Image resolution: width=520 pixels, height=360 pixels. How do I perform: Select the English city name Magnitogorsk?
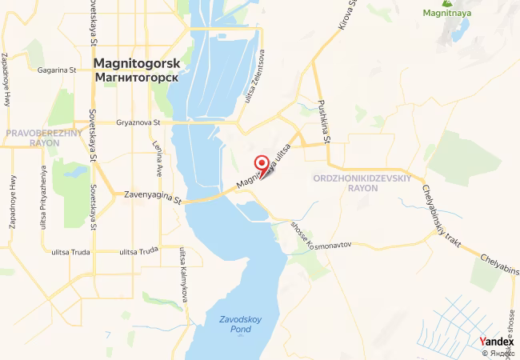click(x=136, y=63)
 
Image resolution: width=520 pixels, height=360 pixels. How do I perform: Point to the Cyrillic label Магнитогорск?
click(x=136, y=78)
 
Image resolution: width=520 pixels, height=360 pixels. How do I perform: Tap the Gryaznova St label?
click(x=138, y=123)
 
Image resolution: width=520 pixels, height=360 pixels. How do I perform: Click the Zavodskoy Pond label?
click(x=240, y=324)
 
